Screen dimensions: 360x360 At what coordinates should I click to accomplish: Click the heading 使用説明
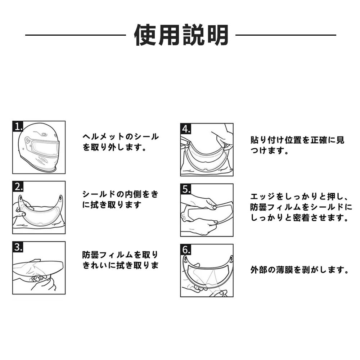coord(181,35)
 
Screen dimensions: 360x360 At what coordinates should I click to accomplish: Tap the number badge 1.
coord(18,126)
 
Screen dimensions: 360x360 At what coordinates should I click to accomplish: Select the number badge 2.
coord(18,186)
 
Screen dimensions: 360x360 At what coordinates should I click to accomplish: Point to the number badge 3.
coord(18,247)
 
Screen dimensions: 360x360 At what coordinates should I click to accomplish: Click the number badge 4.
coord(186,129)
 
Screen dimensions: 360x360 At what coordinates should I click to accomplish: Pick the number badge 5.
coord(186,189)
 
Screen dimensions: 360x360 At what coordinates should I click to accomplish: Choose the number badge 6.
coord(186,249)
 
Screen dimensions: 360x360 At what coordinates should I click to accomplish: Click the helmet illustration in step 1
coord(39,147)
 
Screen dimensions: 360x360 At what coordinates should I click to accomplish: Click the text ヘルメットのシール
coord(121,136)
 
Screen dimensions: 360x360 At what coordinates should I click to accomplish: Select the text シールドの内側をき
coord(121,194)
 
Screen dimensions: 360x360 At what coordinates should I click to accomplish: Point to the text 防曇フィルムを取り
coord(121,255)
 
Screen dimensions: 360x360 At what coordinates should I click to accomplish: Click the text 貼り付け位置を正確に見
coord(298,140)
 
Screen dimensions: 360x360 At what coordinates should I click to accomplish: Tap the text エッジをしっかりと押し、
coord(300,197)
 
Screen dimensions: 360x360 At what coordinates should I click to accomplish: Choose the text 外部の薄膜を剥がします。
coord(300,270)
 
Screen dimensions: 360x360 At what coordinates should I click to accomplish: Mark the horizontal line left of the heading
coord(76,35)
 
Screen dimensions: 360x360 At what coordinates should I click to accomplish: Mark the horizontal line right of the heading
coord(286,35)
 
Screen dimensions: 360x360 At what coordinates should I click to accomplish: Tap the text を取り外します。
coord(114,147)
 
